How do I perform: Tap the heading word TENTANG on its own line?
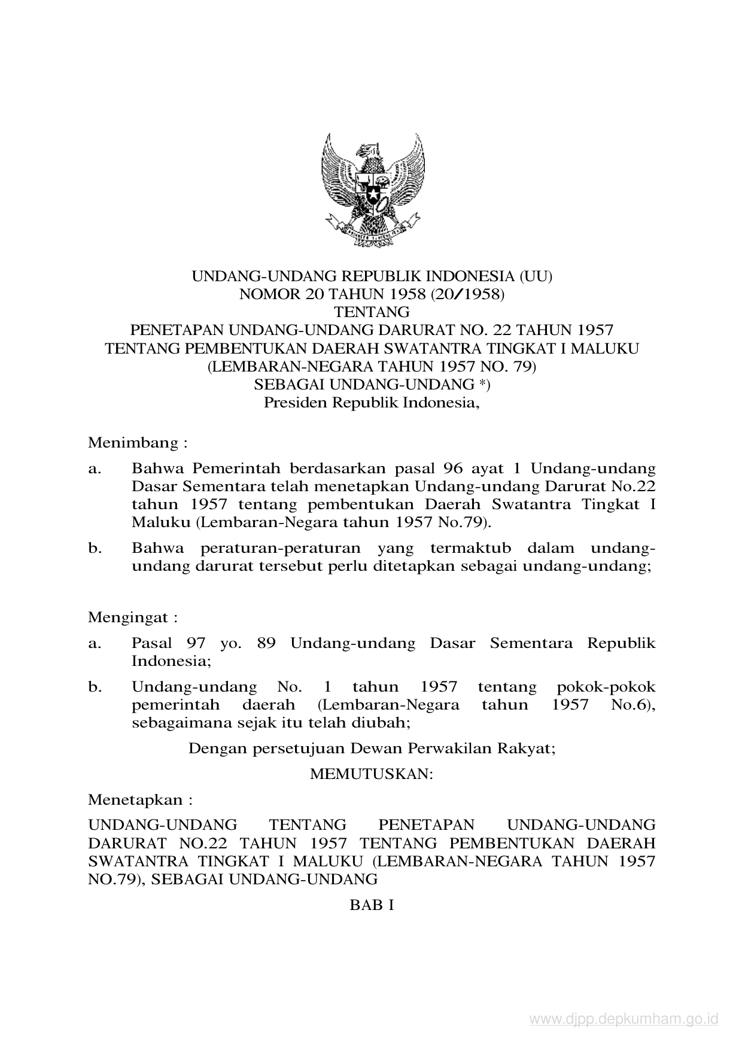coord(372,312)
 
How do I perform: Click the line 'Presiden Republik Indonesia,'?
coord(372,403)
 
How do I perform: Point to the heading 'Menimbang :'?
coord(138,443)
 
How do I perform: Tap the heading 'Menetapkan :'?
coord(140,800)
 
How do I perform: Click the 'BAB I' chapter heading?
coord(372,905)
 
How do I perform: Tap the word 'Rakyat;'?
coord(531,748)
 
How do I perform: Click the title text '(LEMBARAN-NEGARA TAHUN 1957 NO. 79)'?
coord(372,366)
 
